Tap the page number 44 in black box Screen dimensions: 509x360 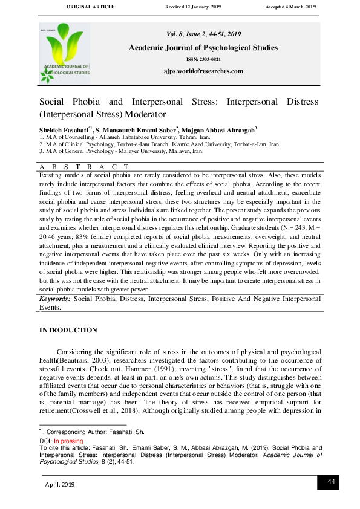point(331,481)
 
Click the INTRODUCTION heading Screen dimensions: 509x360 point(68,330)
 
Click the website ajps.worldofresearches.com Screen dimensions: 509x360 point(203,71)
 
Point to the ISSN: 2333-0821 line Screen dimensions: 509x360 point(203,59)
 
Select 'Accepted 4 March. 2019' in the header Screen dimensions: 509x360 point(290,6)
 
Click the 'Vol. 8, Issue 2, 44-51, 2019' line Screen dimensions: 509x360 point(203,34)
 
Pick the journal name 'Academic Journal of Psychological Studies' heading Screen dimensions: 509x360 point(203,47)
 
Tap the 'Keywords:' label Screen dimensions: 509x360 point(55,299)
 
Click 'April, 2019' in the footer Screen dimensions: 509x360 point(60,485)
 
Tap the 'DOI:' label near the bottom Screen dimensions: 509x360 point(46,442)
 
